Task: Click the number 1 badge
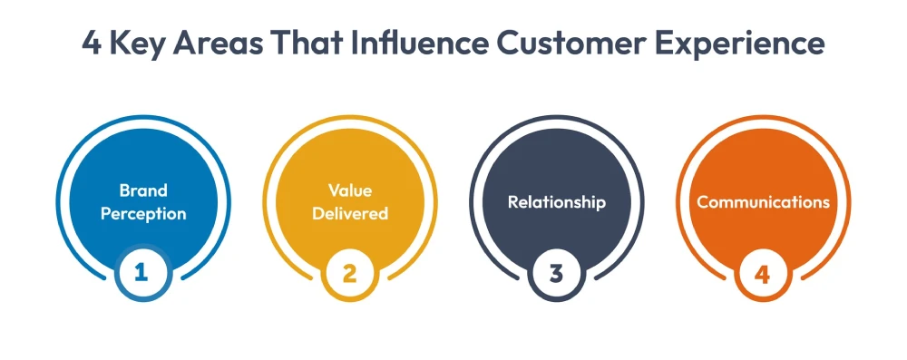(x=143, y=273)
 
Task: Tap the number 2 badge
(x=349, y=273)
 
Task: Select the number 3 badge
(x=556, y=273)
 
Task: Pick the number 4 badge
(x=762, y=273)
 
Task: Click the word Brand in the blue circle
(x=143, y=190)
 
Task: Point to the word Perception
(x=143, y=214)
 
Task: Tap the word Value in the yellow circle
(x=349, y=190)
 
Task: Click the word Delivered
(x=349, y=214)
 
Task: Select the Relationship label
(x=556, y=202)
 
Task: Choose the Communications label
(x=763, y=202)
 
